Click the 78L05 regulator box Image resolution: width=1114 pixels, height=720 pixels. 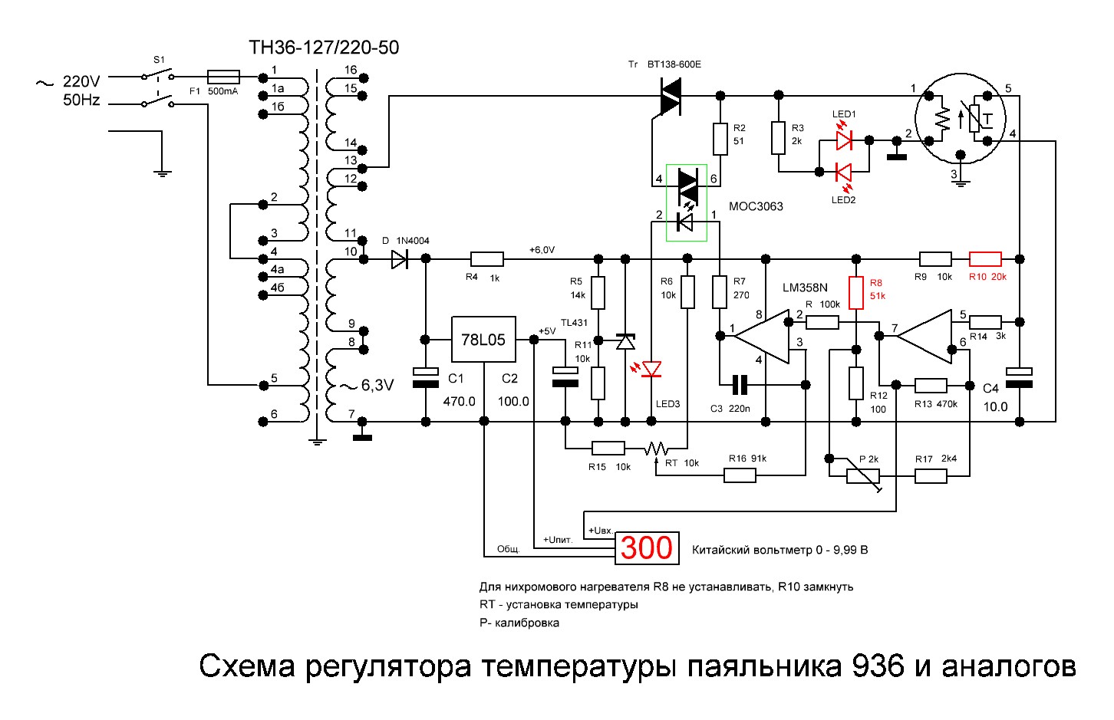click(x=483, y=340)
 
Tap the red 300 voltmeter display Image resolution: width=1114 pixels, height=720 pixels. click(x=646, y=547)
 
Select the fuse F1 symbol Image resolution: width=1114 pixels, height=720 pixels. click(x=223, y=77)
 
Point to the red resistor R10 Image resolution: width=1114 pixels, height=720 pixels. click(x=985, y=259)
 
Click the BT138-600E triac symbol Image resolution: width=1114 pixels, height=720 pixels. click(x=670, y=96)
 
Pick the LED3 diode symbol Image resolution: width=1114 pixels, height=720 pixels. click(x=651, y=370)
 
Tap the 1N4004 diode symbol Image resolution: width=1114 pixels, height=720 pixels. click(x=400, y=259)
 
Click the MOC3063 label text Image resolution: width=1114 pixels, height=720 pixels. click(x=756, y=206)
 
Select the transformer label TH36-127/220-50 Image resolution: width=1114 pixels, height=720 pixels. click(x=324, y=48)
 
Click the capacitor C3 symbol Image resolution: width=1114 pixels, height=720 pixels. click(x=740, y=383)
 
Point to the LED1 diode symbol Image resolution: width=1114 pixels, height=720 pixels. click(x=844, y=140)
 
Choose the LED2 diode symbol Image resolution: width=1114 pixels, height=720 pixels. click(x=844, y=172)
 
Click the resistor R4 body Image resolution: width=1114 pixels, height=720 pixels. click(x=486, y=259)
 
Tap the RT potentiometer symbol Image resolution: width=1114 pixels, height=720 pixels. click(x=656, y=449)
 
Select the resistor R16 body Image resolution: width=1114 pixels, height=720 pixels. click(x=740, y=475)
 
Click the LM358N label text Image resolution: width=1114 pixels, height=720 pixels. click(x=805, y=288)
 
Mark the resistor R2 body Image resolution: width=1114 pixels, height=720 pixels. click(x=720, y=139)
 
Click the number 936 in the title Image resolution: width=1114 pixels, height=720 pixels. click(x=878, y=666)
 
